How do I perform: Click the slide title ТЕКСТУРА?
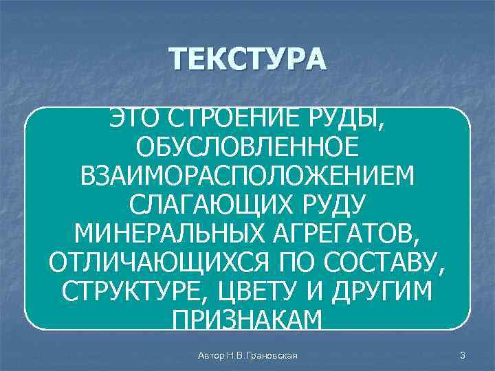(247, 60)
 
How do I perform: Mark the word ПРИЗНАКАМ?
(247, 319)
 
